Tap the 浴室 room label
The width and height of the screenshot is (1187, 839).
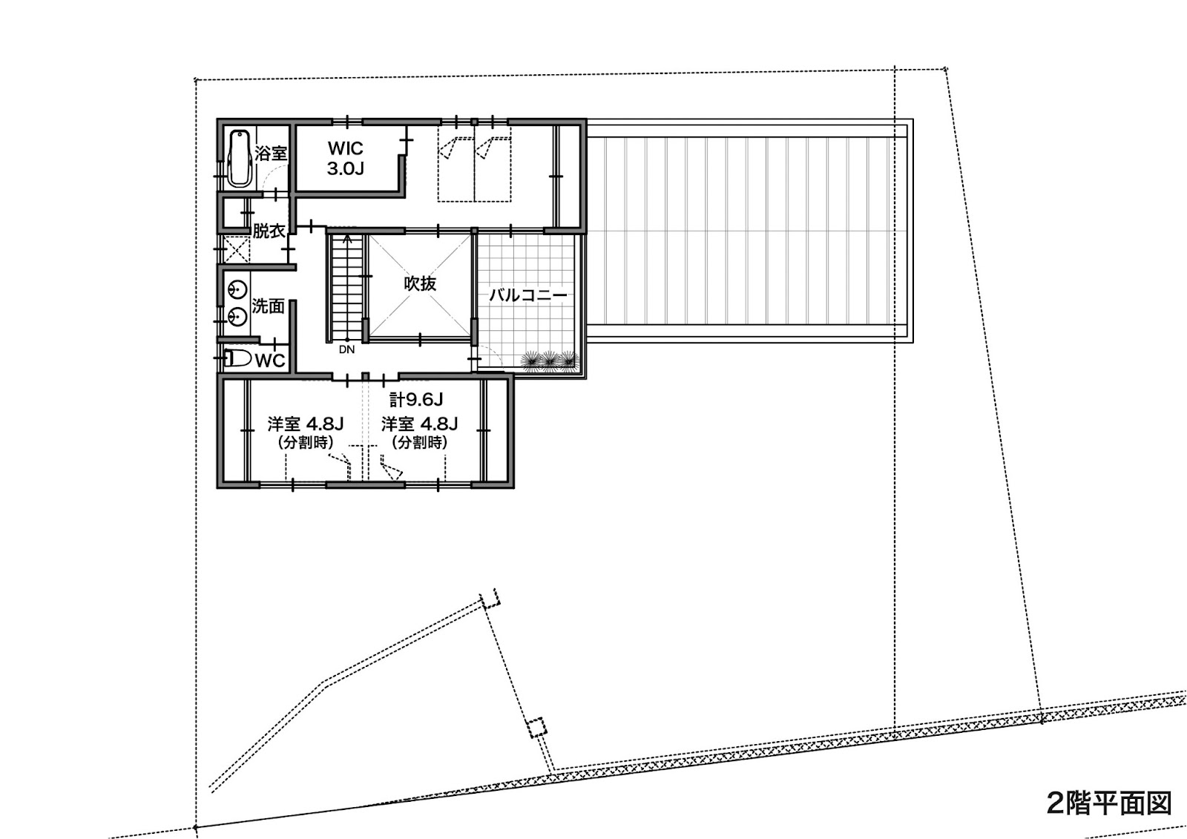(x=271, y=153)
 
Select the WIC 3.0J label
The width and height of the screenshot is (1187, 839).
(x=346, y=158)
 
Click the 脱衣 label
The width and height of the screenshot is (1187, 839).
(x=269, y=231)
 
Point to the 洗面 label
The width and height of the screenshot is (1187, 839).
(x=268, y=306)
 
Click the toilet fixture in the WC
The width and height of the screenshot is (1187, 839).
(x=238, y=359)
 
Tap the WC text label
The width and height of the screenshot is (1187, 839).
(x=270, y=361)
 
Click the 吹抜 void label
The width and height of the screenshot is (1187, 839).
(x=420, y=283)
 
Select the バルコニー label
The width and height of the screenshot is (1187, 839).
(x=527, y=295)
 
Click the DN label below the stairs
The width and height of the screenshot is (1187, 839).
(x=346, y=350)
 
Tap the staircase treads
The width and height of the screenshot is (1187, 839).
(x=346, y=288)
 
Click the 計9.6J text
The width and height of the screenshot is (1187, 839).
(x=416, y=399)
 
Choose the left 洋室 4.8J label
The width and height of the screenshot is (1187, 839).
(x=306, y=424)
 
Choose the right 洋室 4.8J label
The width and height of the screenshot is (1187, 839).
(x=420, y=424)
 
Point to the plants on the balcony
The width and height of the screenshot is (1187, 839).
(x=550, y=361)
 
